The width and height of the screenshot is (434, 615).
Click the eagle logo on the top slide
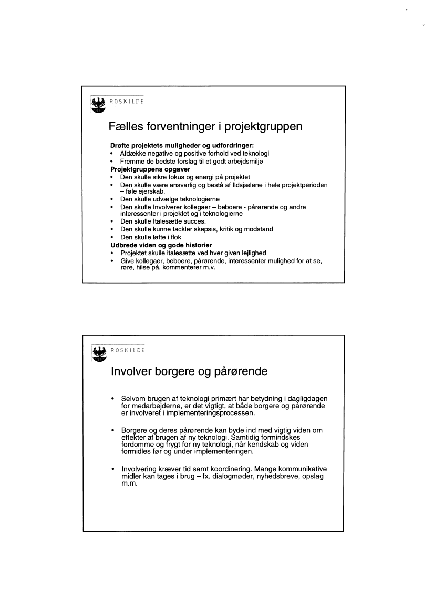click(98, 104)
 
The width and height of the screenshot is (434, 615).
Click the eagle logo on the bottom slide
click(98, 353)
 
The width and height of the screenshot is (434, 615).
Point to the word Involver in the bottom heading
click(132, 371)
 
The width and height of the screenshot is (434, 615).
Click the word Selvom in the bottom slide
click(133, 398)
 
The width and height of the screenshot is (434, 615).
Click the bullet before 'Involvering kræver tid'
click(112, 469)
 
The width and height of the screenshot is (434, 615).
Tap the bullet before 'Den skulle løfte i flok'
click(112, 238)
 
